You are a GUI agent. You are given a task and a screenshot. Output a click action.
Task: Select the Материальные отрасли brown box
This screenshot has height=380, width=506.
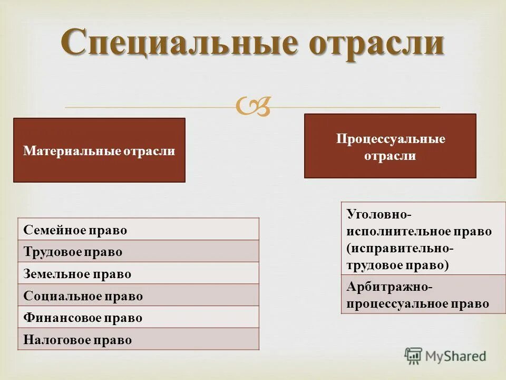coord(99,150)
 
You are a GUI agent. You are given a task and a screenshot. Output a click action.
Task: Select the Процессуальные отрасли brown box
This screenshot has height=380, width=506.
coord(390,146)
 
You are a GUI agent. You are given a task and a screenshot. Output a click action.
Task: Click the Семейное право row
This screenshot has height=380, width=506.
coord(138,230)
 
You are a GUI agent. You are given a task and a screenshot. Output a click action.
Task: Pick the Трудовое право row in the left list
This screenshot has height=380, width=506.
coord(138,252)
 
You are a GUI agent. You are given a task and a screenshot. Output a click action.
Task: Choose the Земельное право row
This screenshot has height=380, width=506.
coord(138,274)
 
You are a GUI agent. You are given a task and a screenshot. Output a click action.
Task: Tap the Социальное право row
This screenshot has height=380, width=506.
coord(138,296)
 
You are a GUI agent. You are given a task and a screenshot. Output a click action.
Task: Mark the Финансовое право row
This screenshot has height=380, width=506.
coord(138,318)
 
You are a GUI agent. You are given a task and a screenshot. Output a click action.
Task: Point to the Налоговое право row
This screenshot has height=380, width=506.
coord(138,339)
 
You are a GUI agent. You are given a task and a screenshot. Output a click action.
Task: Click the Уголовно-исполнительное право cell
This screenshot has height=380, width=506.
coord(423,239)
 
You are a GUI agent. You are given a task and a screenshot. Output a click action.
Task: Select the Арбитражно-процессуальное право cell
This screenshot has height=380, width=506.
coord(423,294)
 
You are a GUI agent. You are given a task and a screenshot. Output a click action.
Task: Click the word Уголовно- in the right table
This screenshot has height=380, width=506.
coord(379,214)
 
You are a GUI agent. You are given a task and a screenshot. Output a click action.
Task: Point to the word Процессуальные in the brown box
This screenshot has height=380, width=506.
coord(391,139)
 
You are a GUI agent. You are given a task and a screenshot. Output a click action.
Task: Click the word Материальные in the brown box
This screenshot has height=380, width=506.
coord(72,151)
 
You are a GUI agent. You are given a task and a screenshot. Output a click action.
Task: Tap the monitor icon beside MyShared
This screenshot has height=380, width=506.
coord(414,356)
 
